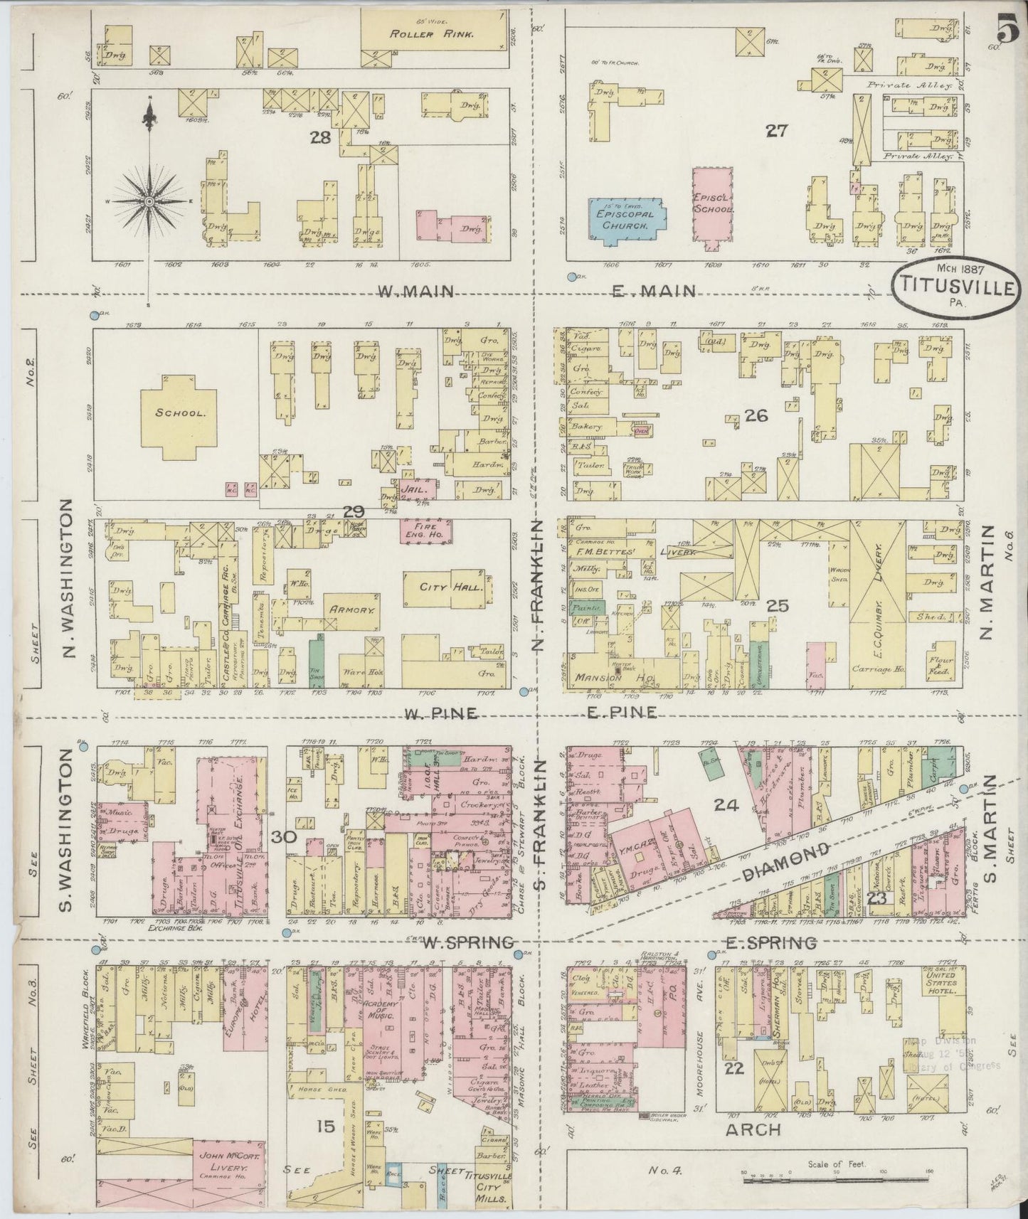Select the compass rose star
[149, 202]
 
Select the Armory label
[351, 609]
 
